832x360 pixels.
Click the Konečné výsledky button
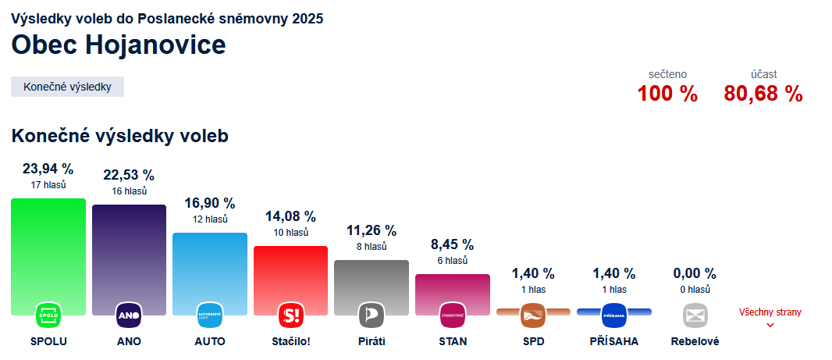[x=68, y=87]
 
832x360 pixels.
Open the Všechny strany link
[x=770, y=313]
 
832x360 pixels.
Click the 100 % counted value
[x=667, y=94]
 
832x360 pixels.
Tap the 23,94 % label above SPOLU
[x=48, y=169]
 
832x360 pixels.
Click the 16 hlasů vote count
[x=129, y=191]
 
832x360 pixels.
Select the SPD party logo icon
[x=533, y=315]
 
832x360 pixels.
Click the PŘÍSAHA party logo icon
[x=614, y=315]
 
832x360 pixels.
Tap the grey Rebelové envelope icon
[x=695, y=315]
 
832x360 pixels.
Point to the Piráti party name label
[x=372, y=341]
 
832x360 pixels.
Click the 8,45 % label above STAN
[x=453, y=245]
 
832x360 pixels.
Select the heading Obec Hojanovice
[x=119, y=45]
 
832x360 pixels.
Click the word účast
[x=764, y=74]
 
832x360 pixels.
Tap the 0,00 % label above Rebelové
[x=695, y=273]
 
